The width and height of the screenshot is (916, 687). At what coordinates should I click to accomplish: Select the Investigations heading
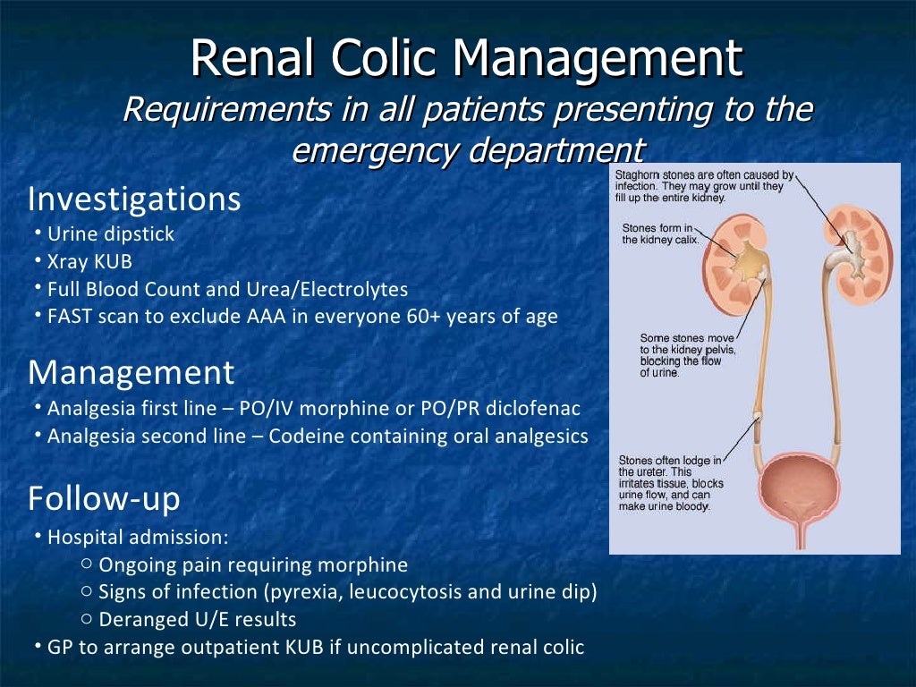pos(134,199)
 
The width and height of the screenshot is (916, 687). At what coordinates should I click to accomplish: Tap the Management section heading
pos(131,371)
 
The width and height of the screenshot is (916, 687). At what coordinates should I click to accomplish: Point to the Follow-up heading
pos(104,498)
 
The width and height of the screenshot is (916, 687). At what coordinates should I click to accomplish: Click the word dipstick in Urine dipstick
pos(138,234)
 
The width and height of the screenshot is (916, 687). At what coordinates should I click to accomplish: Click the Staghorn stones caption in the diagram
pos(702,186)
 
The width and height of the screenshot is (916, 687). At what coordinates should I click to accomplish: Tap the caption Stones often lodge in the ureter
pos(669,483)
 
